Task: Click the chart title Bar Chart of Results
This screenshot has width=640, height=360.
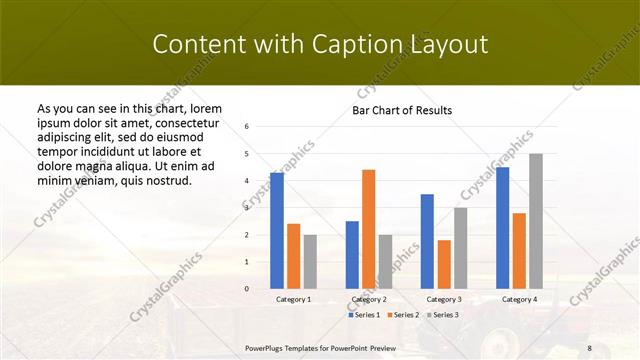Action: [402, 110]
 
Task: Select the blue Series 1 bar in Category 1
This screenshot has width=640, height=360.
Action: [276, 230]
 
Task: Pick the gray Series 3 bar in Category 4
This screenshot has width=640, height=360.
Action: [536, 220]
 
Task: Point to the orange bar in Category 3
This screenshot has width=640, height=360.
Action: [444, 264]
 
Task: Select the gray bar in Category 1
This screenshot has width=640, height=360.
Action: [310, 261]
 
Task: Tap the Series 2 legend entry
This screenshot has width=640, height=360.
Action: [403, 315]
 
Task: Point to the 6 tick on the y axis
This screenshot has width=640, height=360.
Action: [247, 127]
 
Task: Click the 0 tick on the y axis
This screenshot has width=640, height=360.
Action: [247, 288]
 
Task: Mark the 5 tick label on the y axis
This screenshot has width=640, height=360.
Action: [247, 154]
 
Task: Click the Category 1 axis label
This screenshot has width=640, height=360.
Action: [293, 299]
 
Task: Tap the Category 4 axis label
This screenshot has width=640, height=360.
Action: [519, 299]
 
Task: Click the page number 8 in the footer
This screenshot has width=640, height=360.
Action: [589, 348]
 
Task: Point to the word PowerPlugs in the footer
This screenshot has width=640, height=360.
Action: [265, 348]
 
